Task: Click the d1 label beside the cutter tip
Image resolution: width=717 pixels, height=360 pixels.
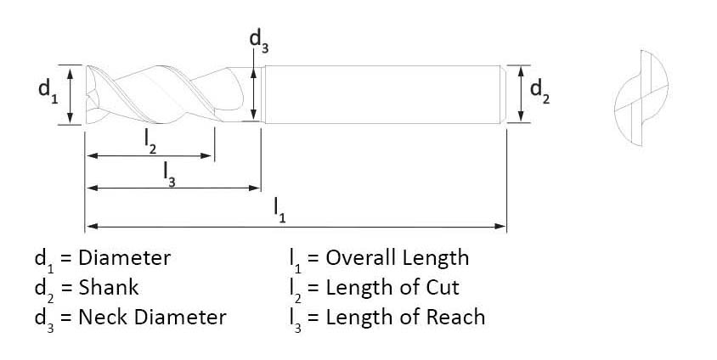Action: coord(46,91)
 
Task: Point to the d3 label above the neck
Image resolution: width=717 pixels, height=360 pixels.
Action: coord(258,39)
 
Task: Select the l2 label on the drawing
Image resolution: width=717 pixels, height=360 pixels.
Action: coord(150,141)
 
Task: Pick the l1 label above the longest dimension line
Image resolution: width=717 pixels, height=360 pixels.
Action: coord(279,209)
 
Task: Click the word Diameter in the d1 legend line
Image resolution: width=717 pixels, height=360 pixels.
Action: coord(125,258)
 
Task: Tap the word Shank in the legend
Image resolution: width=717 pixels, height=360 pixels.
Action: coord(109,288)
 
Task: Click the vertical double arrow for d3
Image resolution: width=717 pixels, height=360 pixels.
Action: coord(254,93)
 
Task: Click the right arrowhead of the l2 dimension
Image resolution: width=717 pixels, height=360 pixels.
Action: coord(208,156)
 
